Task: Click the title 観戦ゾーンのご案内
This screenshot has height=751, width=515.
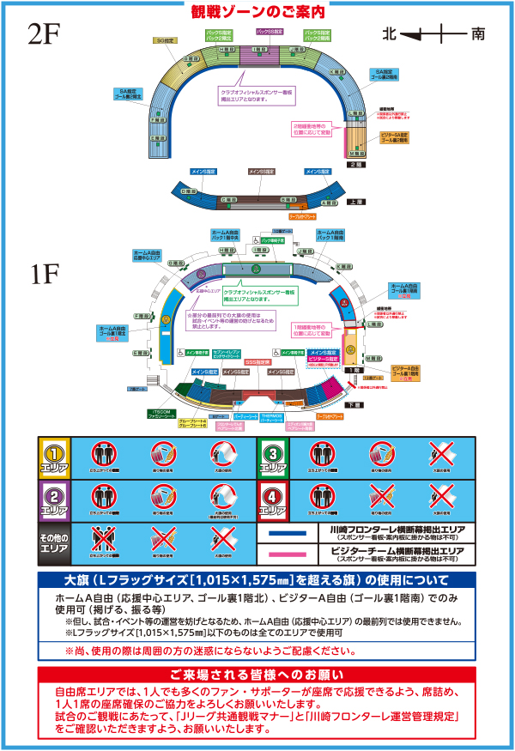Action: (257, 12)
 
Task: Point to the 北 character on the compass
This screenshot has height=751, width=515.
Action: (390, 34)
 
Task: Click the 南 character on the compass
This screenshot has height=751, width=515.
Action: (478, 34)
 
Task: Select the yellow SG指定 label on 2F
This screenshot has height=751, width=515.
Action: (167, 39)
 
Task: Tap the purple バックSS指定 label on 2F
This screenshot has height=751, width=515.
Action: (272, 32)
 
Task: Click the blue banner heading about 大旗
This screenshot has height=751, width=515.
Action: (257, 579)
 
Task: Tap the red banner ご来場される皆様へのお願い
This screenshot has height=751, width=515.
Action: (257, 674)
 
